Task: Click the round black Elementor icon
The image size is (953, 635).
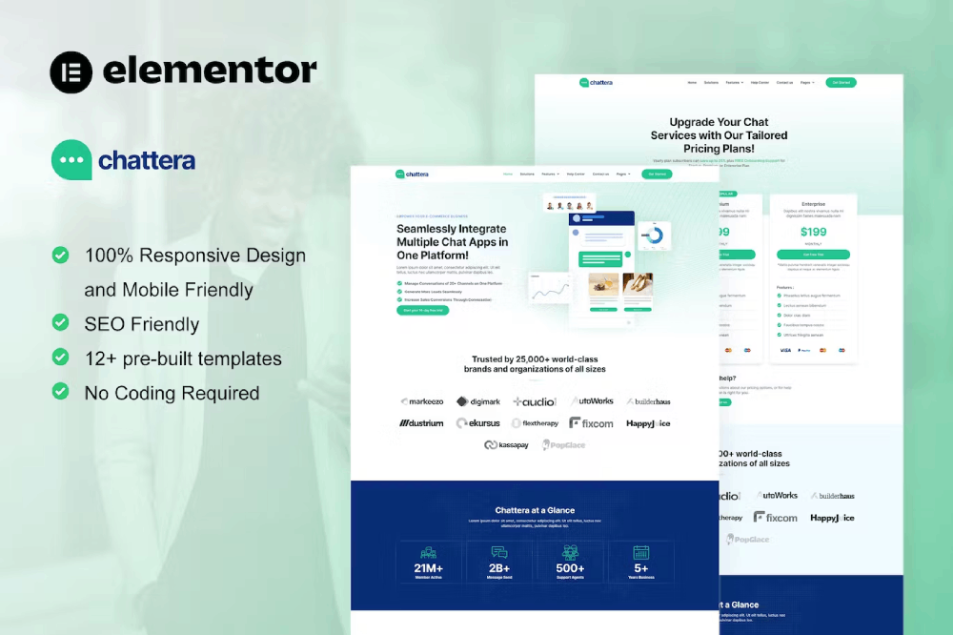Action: [x=71, y=72]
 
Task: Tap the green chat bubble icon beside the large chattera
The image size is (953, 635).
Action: [x=71, y=160]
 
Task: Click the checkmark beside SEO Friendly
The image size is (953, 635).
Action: [x=60, y=322]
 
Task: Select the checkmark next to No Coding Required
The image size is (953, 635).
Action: [x=60, y=391]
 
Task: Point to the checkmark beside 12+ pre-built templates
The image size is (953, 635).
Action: [x=60, y=357]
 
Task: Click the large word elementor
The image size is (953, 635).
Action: [x=210, y=72]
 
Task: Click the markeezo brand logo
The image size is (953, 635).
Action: [x=423, y=401]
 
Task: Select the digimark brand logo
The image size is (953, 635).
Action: [x=478, y=401]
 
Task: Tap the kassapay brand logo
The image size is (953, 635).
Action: [x=506, y=444]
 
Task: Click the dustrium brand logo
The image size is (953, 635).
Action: [x=421, y=422]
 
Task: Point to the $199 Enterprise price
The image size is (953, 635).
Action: [x=813, y=232]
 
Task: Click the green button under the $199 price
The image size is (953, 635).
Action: [x=813, y=255]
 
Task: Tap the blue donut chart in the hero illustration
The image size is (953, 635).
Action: [x=654, y=235]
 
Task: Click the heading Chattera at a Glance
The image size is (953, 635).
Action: [x=535, y=510]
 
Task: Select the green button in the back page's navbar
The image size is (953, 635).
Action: [x=841, y=83]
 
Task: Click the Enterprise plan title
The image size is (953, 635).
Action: [x=813, y=203]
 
